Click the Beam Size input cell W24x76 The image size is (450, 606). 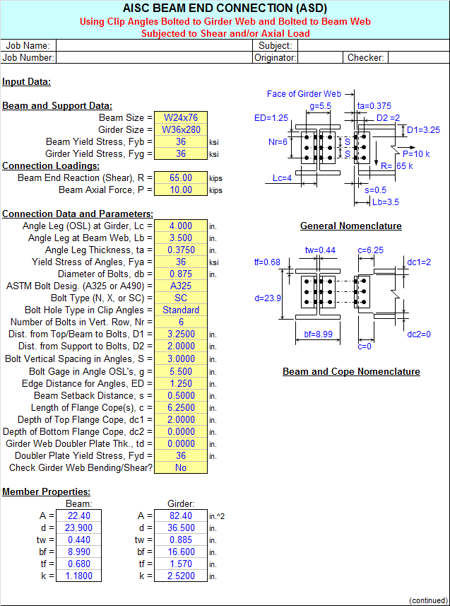click(181, 117)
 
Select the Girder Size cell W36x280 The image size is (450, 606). click(181, 129)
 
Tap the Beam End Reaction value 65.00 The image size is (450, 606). click(181, 177)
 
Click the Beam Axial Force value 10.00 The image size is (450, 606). click(181, 190)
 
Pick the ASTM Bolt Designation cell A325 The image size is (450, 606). click(181, 286)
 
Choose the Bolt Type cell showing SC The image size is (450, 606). click(181, 298)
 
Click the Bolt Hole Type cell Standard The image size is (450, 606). click(181, 310)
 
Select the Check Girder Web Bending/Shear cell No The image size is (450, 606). click(181, 467)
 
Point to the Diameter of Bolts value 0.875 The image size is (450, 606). click(181, 274)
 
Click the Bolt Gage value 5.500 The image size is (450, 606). click(181, 371)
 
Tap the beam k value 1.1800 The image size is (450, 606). click(79, 576)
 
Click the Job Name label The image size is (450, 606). click(28, 45)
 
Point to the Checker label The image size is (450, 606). click(365, 58)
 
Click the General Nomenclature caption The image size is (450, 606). click(350, 226)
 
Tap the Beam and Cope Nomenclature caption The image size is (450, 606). click(351, 372)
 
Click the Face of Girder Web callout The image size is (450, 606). click(304, 93)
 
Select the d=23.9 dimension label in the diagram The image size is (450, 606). click(266, 298)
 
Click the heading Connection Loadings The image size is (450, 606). click(51, 165)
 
